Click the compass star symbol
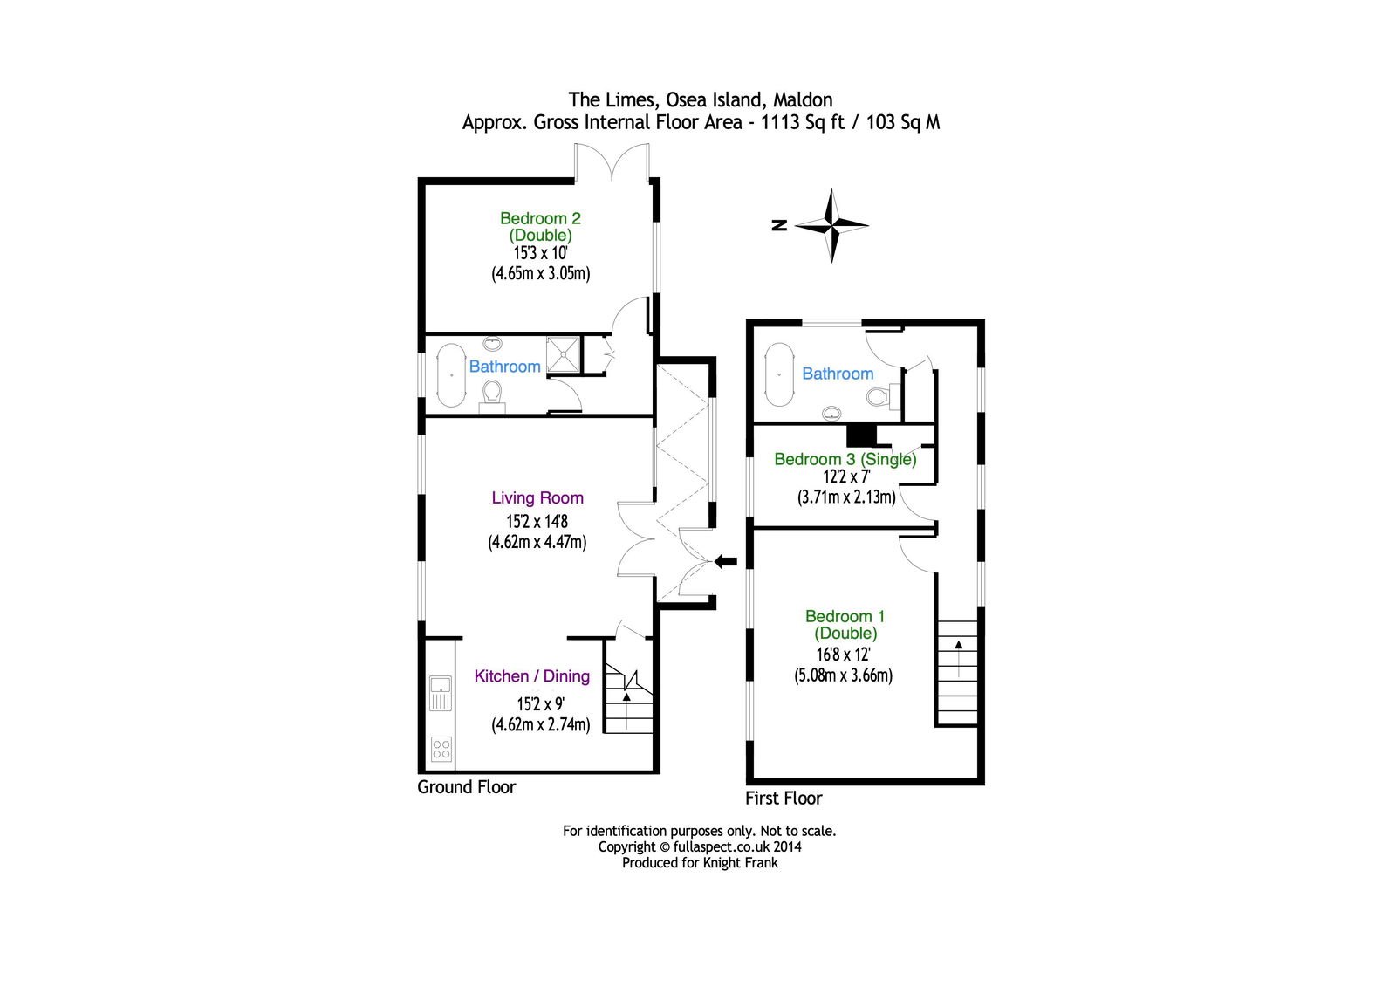coord(831,225)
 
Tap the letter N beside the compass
coord(779,225)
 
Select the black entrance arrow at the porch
coord(725,562)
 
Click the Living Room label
coord(537,497)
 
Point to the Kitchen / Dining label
coord(531,675)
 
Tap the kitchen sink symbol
coord(440,694)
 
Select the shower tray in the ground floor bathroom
coord(564,355)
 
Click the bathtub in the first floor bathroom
coord(779,374)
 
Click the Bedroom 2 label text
coord(540,226)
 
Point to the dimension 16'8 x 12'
coord(843,654)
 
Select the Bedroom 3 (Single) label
coord(845,460)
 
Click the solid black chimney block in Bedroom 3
coord(862,435)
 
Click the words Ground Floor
coord(466,787)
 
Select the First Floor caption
coord(784,799)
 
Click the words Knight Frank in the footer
coord(741,863)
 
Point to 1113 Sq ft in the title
coord(803,122)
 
